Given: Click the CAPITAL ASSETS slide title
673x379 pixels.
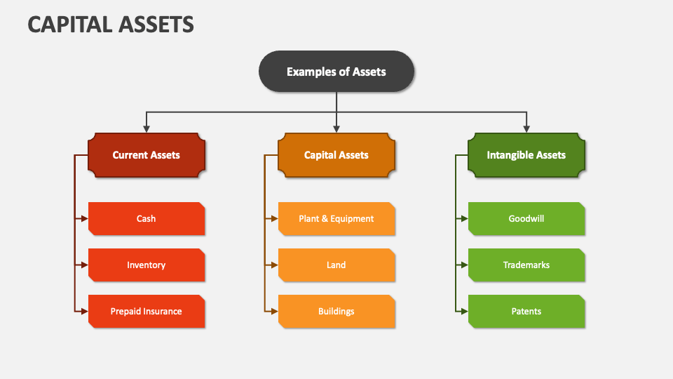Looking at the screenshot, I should (x=111, y=25).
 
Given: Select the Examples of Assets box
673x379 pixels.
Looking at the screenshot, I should (x=336, y=72).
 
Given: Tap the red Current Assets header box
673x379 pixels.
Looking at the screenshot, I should (x=147, y=155).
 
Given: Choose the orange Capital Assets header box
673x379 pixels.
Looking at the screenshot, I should (x=336, y=155).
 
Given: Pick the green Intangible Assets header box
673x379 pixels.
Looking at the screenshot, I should (x=526, y=155).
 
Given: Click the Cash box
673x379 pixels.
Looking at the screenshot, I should (x=147, y=219).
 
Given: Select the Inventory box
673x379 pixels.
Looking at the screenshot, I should (x=147, y=265).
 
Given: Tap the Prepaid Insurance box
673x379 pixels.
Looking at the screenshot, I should (x=147, y=312).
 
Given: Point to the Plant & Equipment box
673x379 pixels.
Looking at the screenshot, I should (x=336, y=219).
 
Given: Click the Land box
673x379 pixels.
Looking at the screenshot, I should (x=336, y=265).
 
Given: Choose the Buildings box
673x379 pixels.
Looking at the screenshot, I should (x=336, y=312).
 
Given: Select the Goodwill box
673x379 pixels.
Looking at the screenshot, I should (x=526, y=219).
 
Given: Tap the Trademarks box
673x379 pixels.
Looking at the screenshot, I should (x=526, y=265).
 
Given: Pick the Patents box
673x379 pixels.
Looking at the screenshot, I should (x=526, y=312).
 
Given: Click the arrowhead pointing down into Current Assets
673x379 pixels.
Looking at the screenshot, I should (x=147, y=128).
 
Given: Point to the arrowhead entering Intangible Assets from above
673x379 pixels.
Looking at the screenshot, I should (x=526, y=128).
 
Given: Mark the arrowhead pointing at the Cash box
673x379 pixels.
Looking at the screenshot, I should (x=84, y=219).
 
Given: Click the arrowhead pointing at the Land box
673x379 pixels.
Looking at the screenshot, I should (x=274, y=265).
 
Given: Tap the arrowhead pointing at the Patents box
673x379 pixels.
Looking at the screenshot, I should (x=464, y=312).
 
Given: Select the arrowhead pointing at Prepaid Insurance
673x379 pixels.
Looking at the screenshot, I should (x=84, y=312).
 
